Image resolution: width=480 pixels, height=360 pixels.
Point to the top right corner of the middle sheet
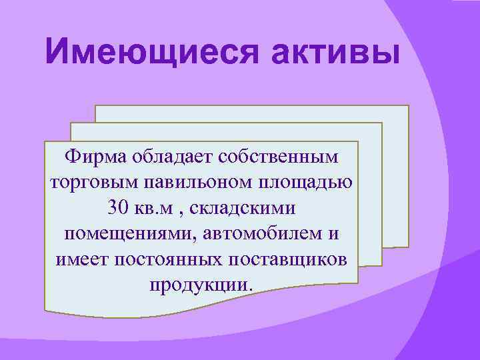(382, 123)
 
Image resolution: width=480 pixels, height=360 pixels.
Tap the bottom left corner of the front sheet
(45, 309)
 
